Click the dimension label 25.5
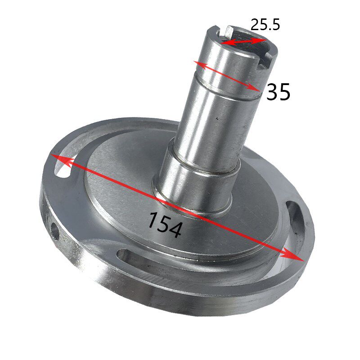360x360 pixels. coord(265,25)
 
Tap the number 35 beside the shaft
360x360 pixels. coord(278,92)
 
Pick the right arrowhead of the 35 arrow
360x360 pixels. coord(254,88)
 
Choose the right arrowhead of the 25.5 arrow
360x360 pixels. coord(260,40)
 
